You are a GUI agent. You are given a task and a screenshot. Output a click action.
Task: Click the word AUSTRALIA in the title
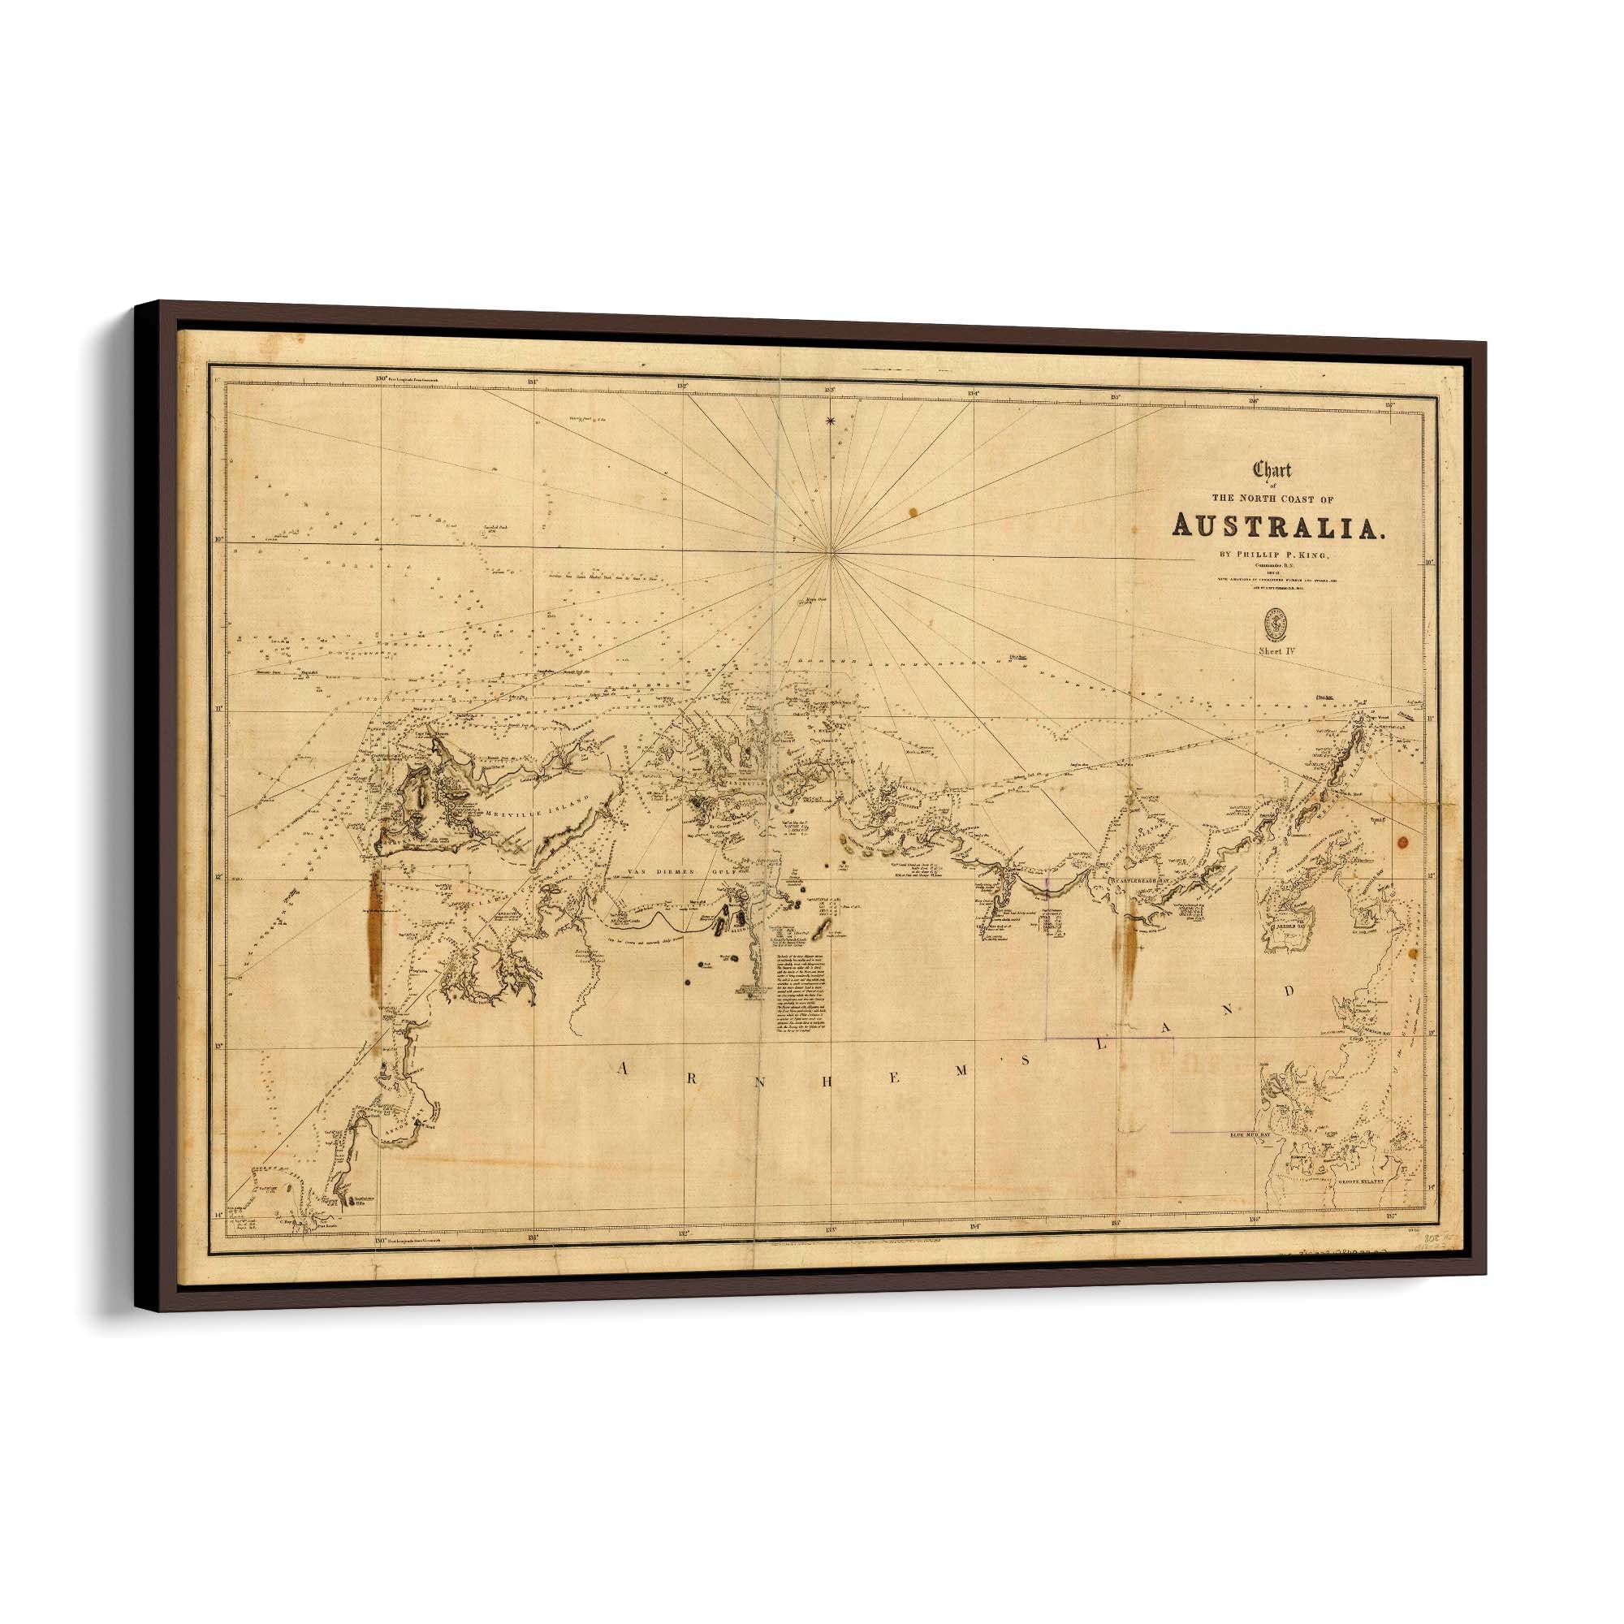coord(1277,526)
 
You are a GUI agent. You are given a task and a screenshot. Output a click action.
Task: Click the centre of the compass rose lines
coord(831,551)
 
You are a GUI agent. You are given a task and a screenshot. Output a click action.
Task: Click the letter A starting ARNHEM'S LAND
coord(624,1068)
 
